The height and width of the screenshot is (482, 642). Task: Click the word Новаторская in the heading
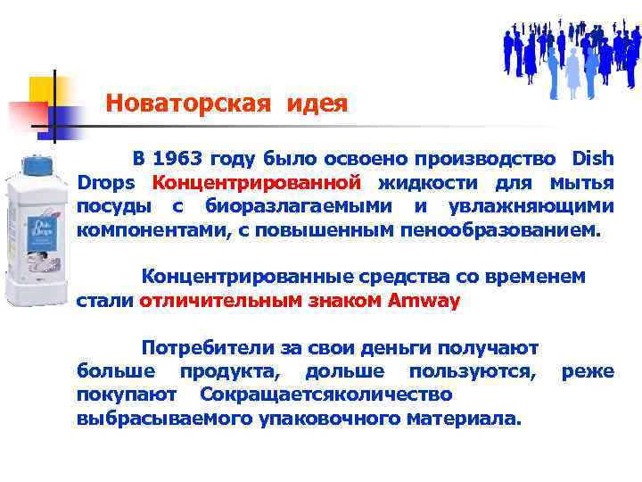point(186,104)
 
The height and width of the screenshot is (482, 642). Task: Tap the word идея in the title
point(317,104)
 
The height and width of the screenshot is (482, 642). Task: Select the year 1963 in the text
point(177,160)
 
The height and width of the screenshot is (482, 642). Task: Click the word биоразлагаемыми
point(300,207)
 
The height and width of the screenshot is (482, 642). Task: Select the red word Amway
point(424,301)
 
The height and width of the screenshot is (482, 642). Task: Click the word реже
point(588,370)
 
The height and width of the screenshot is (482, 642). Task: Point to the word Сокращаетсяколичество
point(326,394)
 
